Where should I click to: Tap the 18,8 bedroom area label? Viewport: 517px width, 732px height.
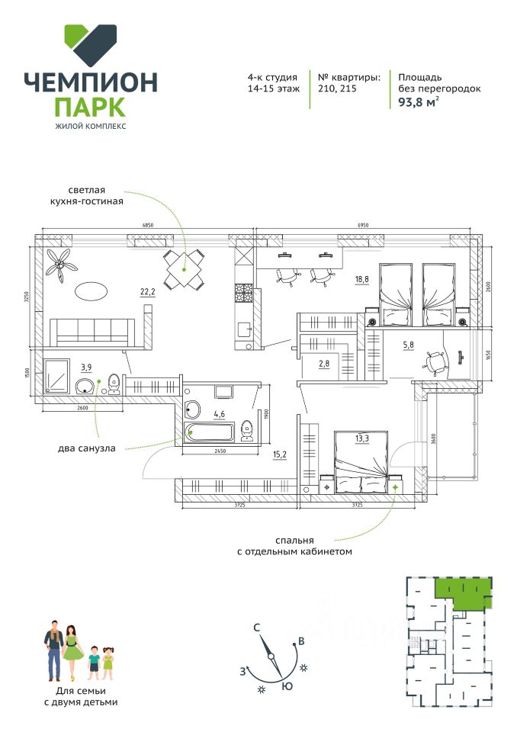361,280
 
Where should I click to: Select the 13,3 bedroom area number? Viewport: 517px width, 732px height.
361,438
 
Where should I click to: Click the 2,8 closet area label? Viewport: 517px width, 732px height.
323,363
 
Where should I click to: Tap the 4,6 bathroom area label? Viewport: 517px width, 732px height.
219,415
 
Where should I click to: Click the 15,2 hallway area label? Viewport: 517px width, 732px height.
280,455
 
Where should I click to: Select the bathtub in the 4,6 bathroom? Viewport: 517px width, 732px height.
210,433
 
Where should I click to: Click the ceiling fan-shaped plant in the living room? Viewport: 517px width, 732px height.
61,264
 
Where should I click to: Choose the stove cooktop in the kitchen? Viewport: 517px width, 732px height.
243,292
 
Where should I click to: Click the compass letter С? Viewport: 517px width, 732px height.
258,628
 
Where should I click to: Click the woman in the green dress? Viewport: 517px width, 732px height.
72,652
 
